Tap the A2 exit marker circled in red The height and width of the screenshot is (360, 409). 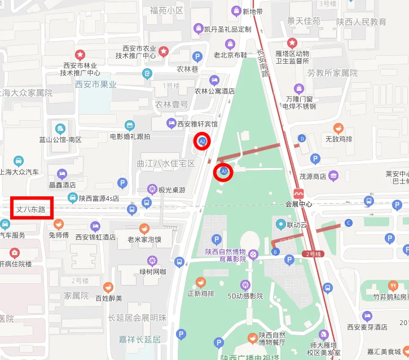pos(202,141)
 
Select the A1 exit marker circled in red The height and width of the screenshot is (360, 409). pos(224,171)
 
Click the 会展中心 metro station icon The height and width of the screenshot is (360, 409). pos(299,192)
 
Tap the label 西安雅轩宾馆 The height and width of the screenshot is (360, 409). pos(197,124)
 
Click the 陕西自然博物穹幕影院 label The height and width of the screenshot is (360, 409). pos(226,255)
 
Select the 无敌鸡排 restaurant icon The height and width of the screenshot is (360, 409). pos(338,128)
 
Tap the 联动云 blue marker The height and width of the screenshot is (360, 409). pos(280,225)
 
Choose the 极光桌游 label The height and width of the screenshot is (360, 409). pos(172,189)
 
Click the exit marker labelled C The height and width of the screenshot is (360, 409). pos(349,223)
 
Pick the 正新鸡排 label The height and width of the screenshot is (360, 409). pos(201,293)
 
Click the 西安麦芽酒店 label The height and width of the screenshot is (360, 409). pos(367,327)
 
